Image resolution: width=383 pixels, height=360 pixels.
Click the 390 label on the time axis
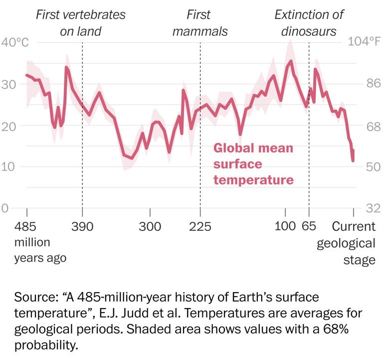pos(82,227)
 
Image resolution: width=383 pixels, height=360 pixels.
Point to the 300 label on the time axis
pos(150,227)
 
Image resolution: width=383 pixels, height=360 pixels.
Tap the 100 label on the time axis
pos(285,227)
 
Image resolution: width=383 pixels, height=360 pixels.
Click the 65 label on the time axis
pos(309,227)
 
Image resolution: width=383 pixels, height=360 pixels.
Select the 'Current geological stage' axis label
pos(353,243)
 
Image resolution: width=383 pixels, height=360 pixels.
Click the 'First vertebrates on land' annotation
pos(81,23)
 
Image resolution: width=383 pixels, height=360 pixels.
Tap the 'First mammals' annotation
pos(199,23)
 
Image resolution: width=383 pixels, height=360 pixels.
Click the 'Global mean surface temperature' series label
pos(253,164)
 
